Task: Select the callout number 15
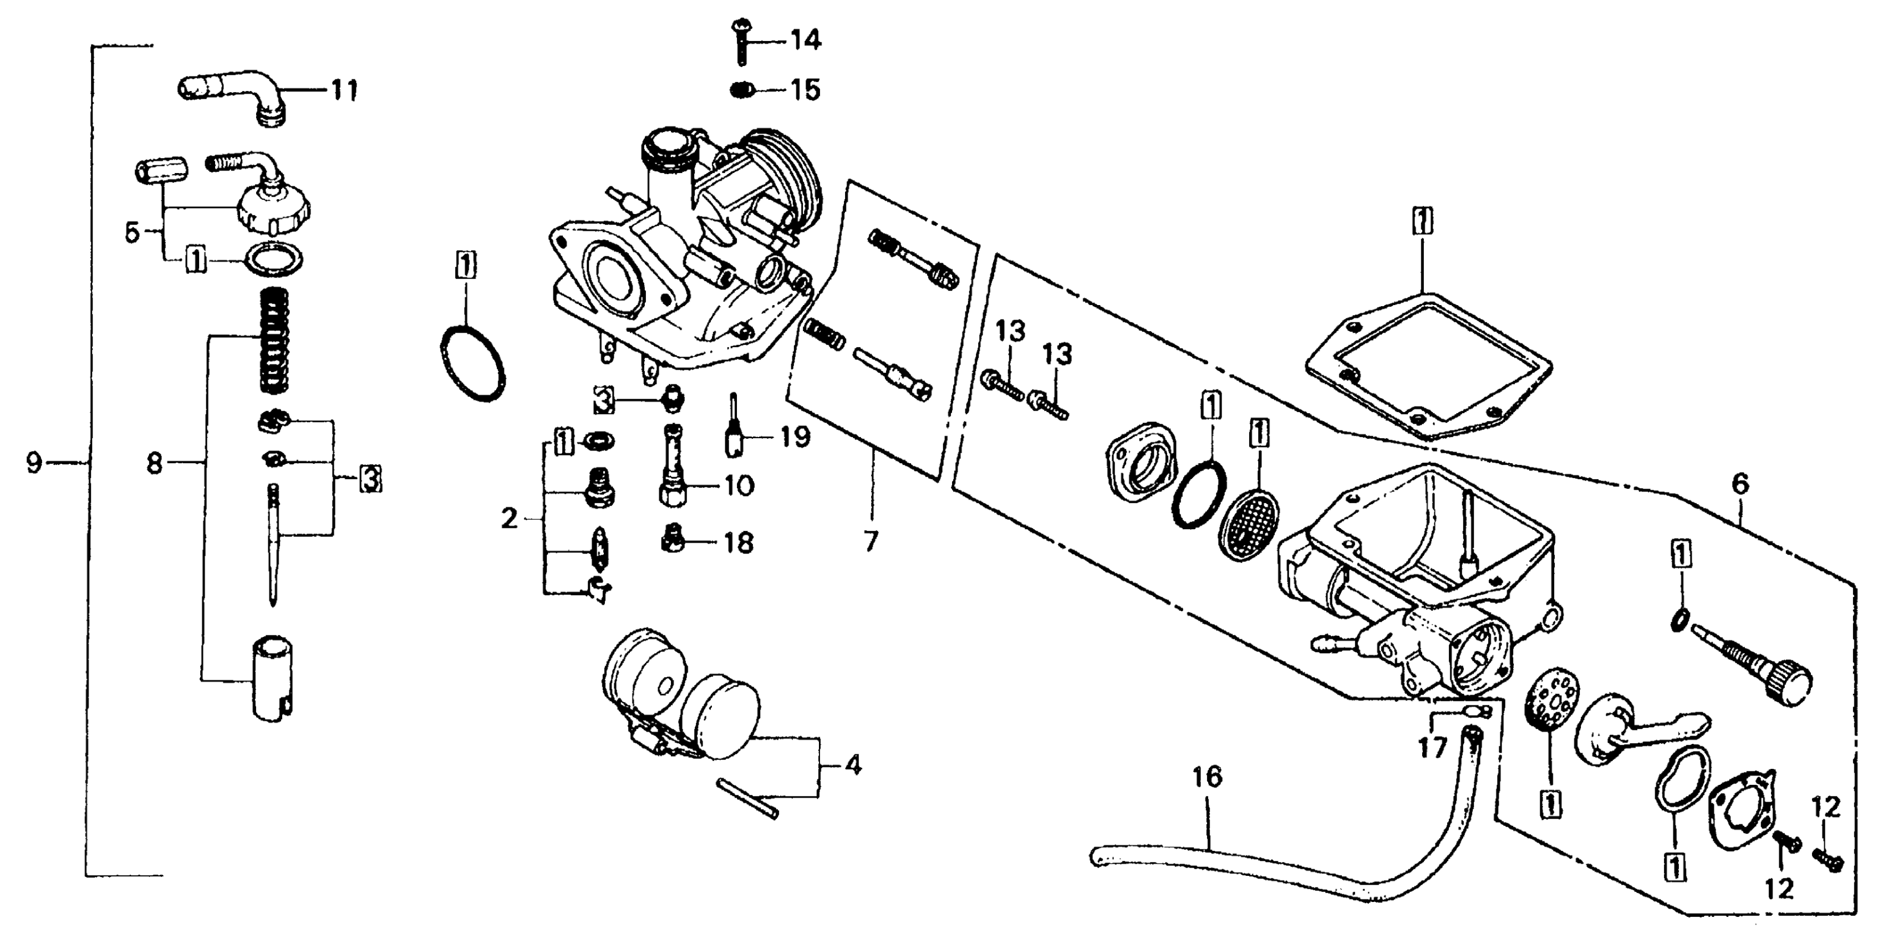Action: [x=805, y=90]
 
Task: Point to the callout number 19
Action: [x=794, y=438]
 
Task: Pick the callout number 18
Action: [x=738, y=544]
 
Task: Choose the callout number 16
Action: [x=1207, y=778]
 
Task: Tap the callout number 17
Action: [x=1431, y=748]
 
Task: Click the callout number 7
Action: [x=871, y=541]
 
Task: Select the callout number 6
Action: [x=1739, y=484]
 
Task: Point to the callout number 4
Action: [x=852, y=766]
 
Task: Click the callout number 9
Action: [x=33, y=463]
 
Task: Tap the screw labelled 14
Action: [x=741, y=40]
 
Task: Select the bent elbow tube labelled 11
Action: [x=233, y=95]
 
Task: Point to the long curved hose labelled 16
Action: [x=1276, y=875]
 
